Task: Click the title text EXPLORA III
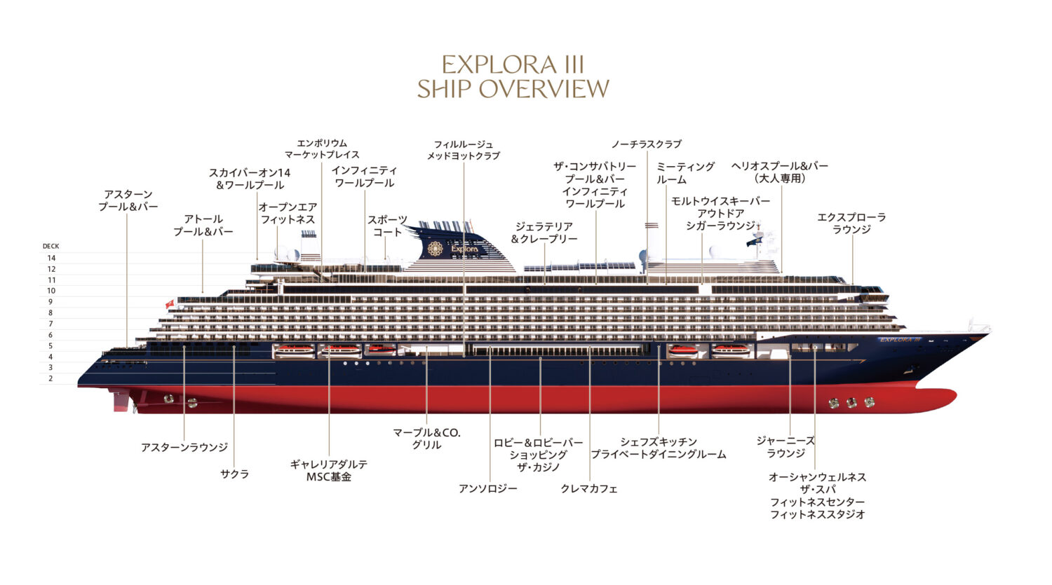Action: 513,65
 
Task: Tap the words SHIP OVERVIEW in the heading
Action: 513,89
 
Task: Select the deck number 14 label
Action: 51,259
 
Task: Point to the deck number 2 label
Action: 50,378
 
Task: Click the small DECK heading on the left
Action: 50,247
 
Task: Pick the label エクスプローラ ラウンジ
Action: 851,223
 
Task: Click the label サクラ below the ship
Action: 234,474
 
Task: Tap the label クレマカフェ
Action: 589,489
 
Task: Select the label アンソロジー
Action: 488,489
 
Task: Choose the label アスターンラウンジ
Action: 184,448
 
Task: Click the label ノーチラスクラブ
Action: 646,144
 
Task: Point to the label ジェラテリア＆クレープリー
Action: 544,233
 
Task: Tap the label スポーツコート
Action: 387,226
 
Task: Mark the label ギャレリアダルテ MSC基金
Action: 328,471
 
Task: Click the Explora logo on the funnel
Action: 435,249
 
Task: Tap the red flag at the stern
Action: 169,304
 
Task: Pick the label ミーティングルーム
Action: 685,173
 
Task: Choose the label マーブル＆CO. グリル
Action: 426,439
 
